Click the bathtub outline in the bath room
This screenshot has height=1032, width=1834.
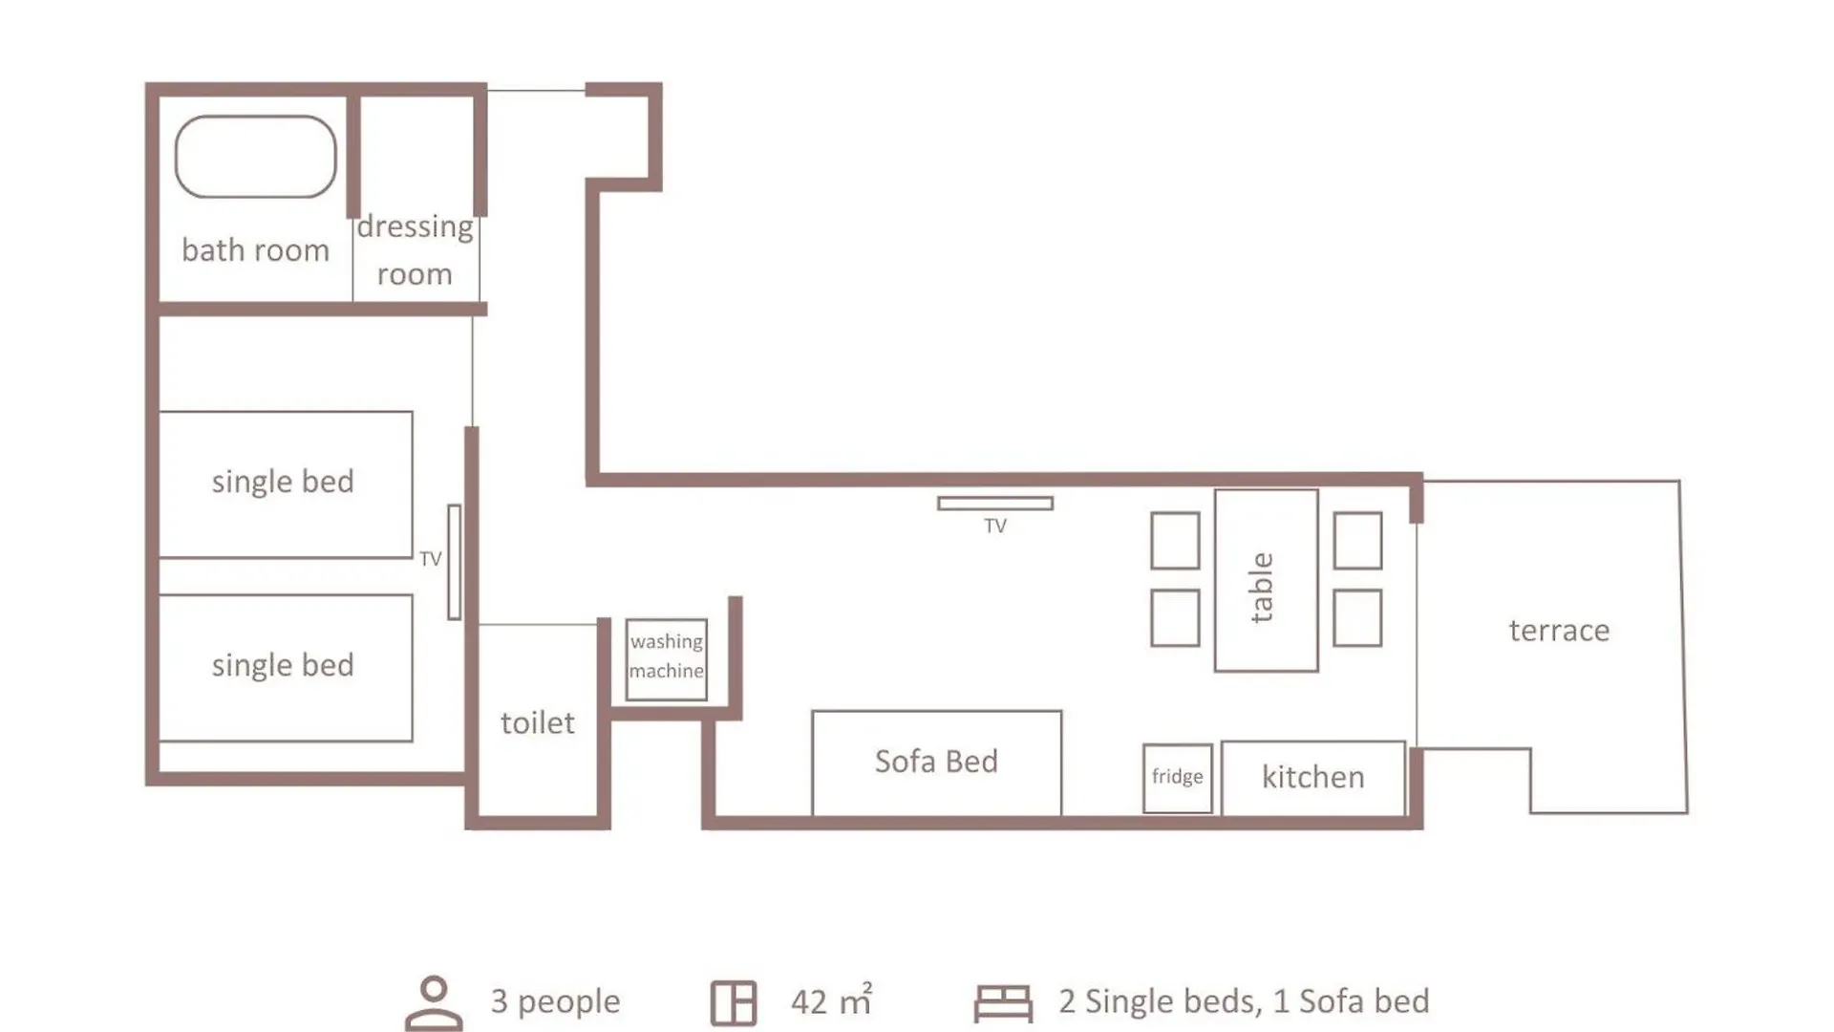click(x=255, y=117)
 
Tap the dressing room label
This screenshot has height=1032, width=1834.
click(x=415, y=250)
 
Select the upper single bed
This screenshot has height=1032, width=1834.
click(x=286, y=484)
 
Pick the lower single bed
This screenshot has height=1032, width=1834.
click(x=286, y=668)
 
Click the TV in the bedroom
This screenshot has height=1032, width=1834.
click(x=455, y=562)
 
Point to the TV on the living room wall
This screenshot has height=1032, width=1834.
click(x=995, y=504)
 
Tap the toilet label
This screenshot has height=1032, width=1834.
click(x=538, y=723)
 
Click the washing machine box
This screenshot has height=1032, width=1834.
click(x=667, y=659)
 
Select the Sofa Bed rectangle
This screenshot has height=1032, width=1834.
click(x=937, y=763)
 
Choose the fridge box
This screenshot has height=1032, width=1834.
click(x=1178, y=779)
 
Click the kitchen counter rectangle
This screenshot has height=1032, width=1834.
click(x=1313, y=779)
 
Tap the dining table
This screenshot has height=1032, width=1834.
click(x=1267, y=581)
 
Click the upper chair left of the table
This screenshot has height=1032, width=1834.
click(x=1175, y=541)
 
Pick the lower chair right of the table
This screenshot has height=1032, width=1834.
click(x=1357, y=618)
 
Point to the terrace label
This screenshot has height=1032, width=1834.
click(x=1560, y=631)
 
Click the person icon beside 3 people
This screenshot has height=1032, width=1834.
click(x=435, y=1003)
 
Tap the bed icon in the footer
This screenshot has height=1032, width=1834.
click(x=1003, y=1003)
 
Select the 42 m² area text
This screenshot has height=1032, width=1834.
click(x=831, y=1000)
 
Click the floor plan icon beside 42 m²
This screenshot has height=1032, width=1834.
click(x=734, y=1003)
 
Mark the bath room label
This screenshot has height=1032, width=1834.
click(x=256, y=250)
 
